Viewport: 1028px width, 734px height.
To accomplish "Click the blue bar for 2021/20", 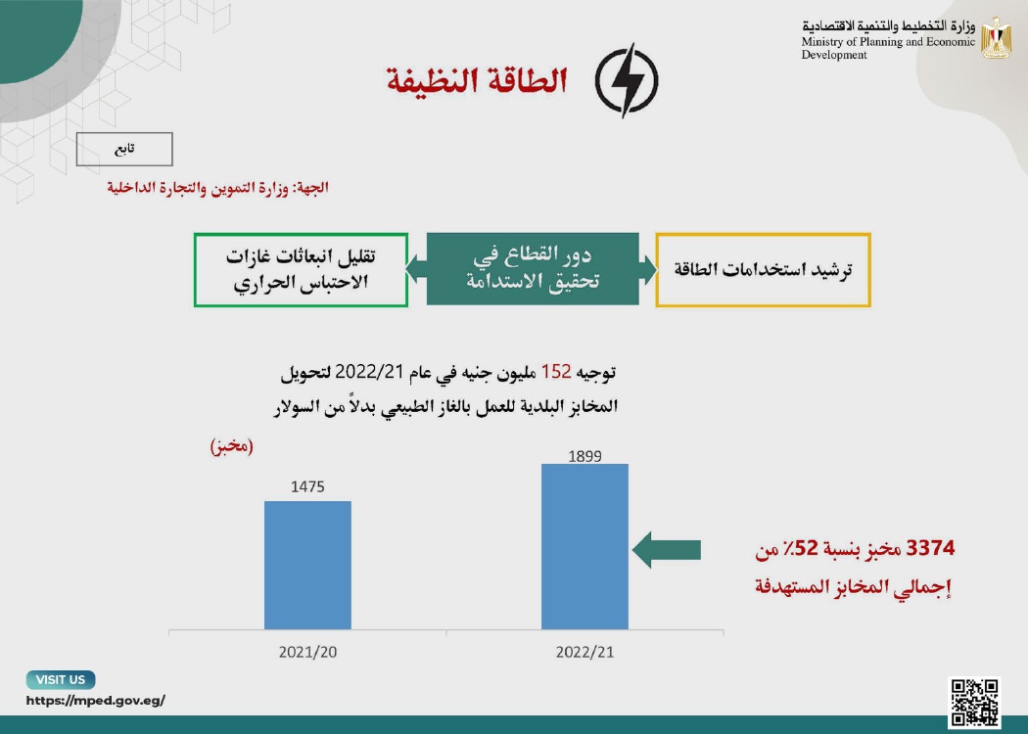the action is tap(307, 565).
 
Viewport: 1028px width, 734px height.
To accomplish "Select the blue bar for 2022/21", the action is tap(584, 546).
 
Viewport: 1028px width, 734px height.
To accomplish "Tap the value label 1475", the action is tap(307, 487).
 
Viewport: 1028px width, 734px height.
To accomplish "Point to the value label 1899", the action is tap(584, 456).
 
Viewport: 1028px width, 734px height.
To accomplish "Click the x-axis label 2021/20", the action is tap(307, 652).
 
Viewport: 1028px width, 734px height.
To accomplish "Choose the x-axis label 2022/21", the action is tap(584, 652).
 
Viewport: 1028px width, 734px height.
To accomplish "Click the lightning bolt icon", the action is tap(627, 80).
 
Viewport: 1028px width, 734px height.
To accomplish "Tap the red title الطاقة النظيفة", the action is tap(477, 80).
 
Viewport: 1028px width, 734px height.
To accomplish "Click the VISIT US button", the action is tap(61, 679).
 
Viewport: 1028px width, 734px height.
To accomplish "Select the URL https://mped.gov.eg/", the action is tap(96, 701).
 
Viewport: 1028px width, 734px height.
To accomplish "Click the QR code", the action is tap(974, 703).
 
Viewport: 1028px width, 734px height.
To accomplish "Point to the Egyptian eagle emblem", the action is tap(996, 38).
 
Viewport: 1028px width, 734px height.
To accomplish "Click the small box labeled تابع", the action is tap(124, 150).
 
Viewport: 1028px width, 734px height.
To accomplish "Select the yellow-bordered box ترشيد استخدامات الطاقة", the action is tap(763, 269).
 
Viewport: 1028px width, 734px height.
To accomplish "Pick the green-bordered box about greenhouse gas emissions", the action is tap(301, 269).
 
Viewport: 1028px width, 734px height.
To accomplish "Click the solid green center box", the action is tap(533, 269).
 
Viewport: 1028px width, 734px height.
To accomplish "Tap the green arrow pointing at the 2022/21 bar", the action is tap(667, 550).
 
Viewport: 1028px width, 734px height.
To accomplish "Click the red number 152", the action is tap(556, 372).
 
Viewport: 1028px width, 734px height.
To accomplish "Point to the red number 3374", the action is tap(930, 548).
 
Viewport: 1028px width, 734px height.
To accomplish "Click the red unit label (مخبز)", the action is tap(231, 446).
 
